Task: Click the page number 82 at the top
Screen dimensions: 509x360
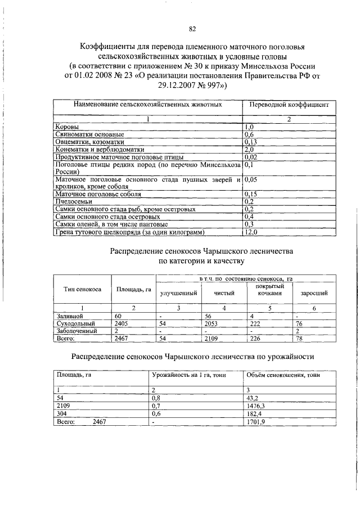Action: coord(192,29)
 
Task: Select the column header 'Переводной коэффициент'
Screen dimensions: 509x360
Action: coord(288,105)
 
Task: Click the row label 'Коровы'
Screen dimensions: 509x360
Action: coord(67,128)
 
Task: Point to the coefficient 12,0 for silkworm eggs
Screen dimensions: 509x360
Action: coord(251,231)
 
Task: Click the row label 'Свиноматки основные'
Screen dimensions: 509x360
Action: coord(89,135)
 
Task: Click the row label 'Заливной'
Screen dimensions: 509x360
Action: coord(67,317)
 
